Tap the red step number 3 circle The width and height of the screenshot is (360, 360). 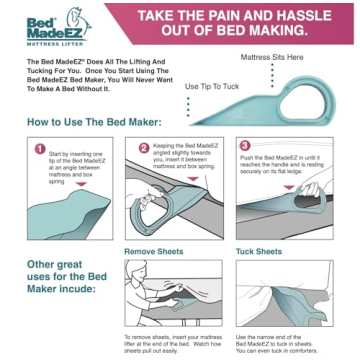click(244, 146)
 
